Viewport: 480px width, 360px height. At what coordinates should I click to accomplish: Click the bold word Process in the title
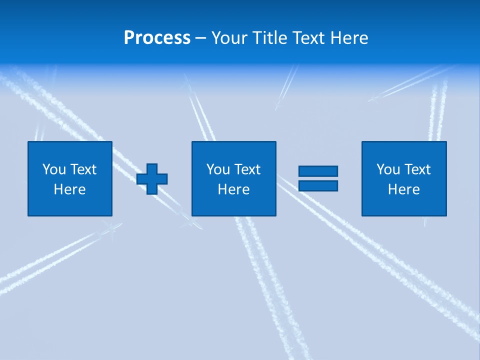(157, 38)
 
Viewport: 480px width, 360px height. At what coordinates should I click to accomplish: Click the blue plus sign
(152, 178)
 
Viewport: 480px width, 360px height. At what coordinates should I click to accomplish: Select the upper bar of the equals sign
(318, 171)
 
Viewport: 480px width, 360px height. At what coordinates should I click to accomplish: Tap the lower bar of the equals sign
(318, 185)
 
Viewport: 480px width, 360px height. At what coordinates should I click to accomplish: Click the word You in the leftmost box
(54, 169)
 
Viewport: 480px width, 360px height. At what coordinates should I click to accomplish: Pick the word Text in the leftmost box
(82, 169)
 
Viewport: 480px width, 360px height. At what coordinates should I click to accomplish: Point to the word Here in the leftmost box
(70, 189)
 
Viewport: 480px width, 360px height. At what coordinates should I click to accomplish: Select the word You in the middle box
(218, 169)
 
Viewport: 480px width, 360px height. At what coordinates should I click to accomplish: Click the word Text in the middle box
(246, 169)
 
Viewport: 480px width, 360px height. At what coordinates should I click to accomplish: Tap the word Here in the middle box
(234, 189)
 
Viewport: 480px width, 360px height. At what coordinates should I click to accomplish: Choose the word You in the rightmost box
(388, 169)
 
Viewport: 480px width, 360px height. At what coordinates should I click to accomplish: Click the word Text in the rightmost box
(416, 169)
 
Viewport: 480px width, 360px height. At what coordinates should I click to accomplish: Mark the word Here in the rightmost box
(404, 189)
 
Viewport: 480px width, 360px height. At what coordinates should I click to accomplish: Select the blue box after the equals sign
(404, 205)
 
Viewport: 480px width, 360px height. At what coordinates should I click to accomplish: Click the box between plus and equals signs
(234, 205)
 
